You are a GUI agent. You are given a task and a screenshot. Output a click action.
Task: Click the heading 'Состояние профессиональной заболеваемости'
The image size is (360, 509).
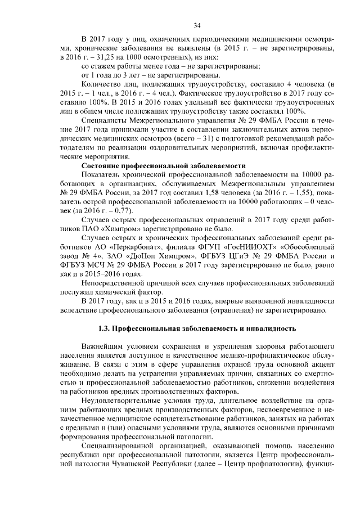[x=164, y=166]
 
